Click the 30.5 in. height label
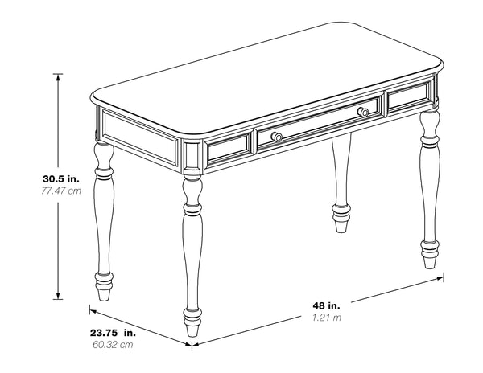tap(61, 179)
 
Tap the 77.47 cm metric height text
tap(61, 191)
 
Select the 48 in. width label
tap(327, 305)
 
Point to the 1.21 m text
tap(327, 318)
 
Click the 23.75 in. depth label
tap(113, 333)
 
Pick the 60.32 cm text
tap(113, 345)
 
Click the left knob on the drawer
tap(277, 137)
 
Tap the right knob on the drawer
tap(363, 112)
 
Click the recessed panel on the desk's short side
tap(141, 137)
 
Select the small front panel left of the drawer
tap(229, 147)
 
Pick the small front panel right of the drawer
tap(409, 95)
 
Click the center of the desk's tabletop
tap(266, 79)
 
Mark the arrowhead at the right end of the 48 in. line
tap(440, 278)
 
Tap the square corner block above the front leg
tap(192, 156)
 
